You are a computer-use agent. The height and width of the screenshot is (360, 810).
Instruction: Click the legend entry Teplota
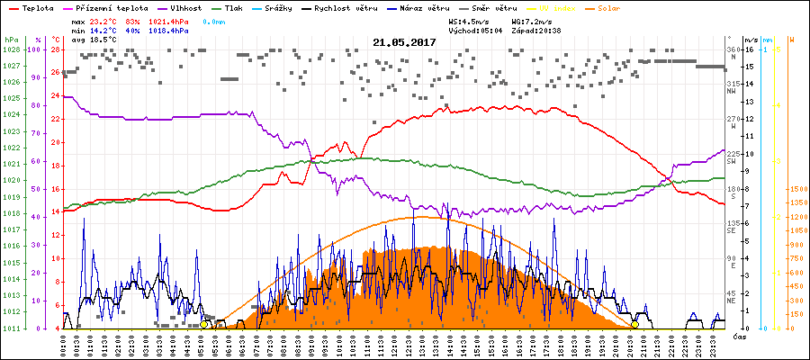(37, 7)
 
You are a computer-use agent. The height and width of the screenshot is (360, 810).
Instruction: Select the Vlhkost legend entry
(187, 7)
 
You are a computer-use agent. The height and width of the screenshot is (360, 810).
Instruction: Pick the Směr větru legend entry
(492, 7)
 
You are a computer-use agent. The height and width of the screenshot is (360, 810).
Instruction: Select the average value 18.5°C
(104, 40)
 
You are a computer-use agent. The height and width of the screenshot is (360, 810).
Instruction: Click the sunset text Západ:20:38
(535, 30)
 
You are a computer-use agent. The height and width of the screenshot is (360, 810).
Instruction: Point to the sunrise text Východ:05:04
(472, 30)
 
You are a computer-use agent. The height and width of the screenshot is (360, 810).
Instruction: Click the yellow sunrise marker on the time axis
(204, 325)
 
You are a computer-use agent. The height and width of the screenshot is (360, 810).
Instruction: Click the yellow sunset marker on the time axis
(634, 325)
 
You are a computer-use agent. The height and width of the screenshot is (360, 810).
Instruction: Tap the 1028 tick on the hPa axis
(11, 50)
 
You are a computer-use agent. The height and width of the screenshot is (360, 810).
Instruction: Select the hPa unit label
(10, 40)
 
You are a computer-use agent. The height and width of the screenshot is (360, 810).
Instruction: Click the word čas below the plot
(737, 337)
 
